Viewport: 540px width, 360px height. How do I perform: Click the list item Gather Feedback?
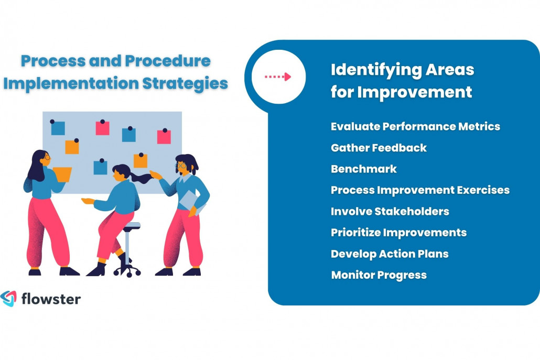tap(379, 148)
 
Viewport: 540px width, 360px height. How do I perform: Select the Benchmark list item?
tap(363, 169)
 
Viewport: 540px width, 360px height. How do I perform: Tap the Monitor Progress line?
tap(379, 275)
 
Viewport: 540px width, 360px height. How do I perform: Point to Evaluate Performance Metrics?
tap(415, 126)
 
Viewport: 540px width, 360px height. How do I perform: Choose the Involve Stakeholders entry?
tap(390, 211)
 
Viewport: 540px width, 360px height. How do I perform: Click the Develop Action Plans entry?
tap(390, 254)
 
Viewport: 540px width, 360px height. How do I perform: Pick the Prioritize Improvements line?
tap(398, 232)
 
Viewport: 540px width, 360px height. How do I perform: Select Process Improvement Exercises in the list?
tap(420, 190)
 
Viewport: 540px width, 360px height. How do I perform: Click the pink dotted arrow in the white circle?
tap(278, 77)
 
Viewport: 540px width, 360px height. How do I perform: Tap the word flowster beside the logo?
tap(51, 299)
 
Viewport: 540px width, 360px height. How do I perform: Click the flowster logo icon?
tap(8, 298)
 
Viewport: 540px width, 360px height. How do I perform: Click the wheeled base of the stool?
tap(127, 270)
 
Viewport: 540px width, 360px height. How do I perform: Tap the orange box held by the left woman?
tap(62, 174)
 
